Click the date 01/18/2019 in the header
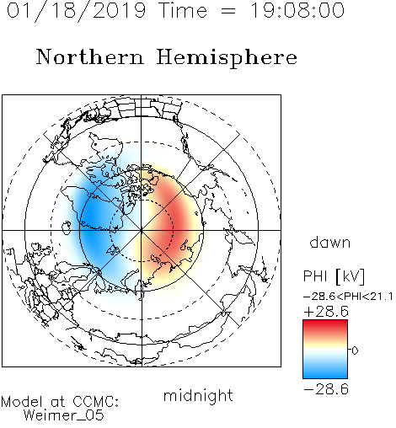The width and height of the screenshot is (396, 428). click(x=76, y=11)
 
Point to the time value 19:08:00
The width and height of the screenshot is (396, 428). click(x=297, y=10)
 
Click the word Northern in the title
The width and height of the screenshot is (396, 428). click(x=90, y=56)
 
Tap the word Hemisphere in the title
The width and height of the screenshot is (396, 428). click(x=227, y=58)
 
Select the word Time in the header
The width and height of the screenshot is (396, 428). click(x=183, y=10)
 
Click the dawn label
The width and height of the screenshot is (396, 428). click(x=330, y=242)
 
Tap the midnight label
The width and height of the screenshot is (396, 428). click(x=198, y=396)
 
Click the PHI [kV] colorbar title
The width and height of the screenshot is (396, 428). click(x=334, y=276)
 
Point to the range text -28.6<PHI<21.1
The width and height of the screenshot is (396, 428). click(x=348, y=297)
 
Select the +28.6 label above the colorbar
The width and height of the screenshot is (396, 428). click(x=326, y=312)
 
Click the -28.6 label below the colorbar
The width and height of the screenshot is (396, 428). click(x=326, y=389)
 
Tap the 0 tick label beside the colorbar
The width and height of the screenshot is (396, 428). click(x=355, y=350)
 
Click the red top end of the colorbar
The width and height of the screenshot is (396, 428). click(x=325, y=323)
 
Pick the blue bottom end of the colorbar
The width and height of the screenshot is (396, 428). click(x=325, y=375)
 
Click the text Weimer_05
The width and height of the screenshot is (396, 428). click(x=64, y=415)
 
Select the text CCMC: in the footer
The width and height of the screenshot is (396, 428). click(x=96, y=401)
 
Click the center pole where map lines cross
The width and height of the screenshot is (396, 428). click(x=142, y=230)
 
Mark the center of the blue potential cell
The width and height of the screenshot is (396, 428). click(x=93, y=222)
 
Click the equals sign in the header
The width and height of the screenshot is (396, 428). click(x=228, y=11)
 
